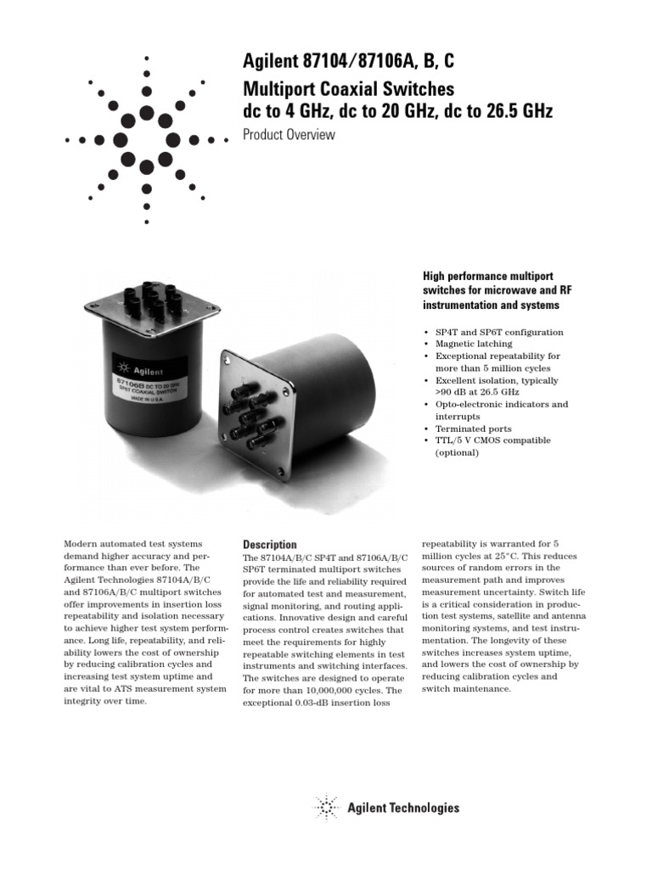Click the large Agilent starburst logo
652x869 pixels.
147,138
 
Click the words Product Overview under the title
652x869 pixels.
289,135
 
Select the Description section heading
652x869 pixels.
270,544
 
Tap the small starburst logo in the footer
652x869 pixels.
327,808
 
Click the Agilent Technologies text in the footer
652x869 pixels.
403,809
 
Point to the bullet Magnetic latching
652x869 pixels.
474,344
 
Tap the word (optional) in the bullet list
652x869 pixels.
458,452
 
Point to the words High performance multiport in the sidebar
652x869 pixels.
488,276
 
